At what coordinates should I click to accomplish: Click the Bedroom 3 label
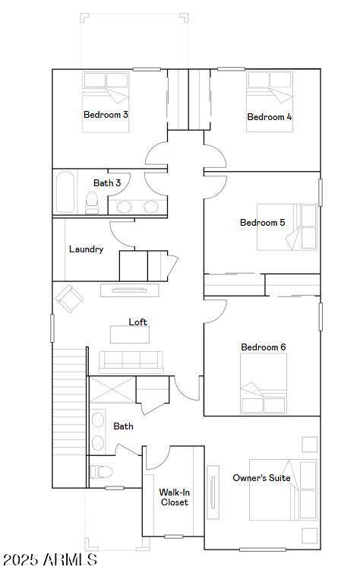coord(106,114)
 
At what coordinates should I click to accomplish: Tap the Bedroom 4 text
coord(270,116)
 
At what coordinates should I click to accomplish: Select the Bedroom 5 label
coord(263,223)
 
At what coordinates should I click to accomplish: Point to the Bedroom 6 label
coord(264,347)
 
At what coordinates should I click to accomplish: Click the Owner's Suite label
coord(261,477)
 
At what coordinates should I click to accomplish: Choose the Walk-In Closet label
coord(175,497)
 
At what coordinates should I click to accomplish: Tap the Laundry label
coord(87,249)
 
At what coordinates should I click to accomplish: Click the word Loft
coord(137,322)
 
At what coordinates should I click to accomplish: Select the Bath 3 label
coord(107,182)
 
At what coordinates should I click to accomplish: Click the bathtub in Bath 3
coord(65,192)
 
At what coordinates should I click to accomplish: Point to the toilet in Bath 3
coord(92,203)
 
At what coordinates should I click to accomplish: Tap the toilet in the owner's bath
coord(101,472)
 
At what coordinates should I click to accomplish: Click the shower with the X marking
coord(112,390)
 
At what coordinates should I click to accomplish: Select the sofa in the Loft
coord(131,362)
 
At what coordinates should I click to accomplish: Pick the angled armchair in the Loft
coord(69,299)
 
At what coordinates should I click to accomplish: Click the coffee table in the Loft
coord(130,334)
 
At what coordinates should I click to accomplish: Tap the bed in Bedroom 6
coord(264,383)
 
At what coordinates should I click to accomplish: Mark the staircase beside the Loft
coord(69,417)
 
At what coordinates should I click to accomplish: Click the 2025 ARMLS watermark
coord(50,559)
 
